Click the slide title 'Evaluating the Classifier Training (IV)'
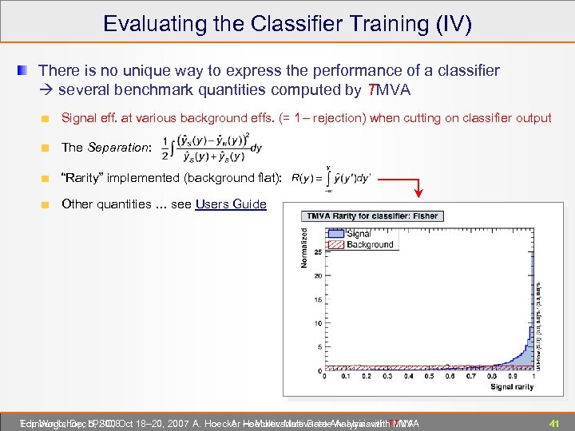coord(287,23)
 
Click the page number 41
coord(553,422)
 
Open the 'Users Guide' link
coord(231,204)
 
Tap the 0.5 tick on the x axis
coord(429,376)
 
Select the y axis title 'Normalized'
coord(304,247)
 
